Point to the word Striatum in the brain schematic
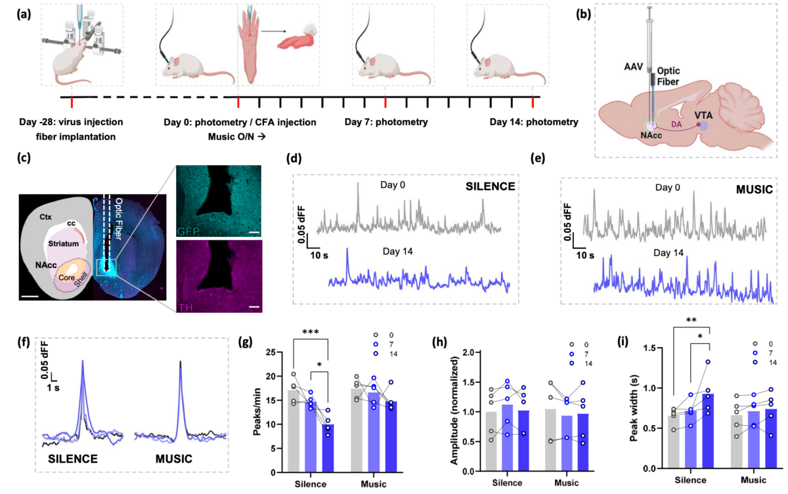coord(61,243)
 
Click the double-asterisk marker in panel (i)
coord(691,321)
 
